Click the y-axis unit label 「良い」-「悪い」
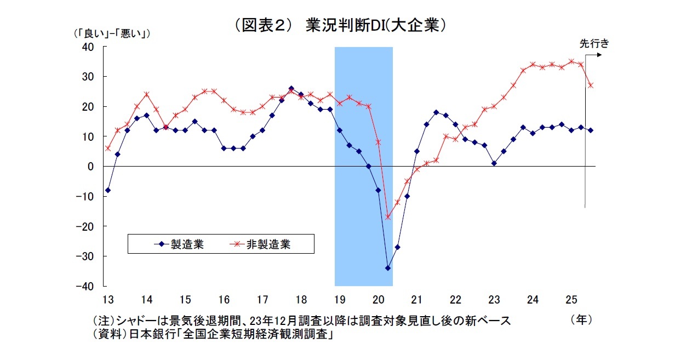[112, 33]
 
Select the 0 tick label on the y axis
[91, 166]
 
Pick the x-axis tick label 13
[107, 300]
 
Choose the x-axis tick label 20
[377, 300]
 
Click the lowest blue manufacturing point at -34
[388, 268]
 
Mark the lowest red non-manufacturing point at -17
[388, 217]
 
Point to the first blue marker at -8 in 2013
[108, 190]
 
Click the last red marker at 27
[591, 85]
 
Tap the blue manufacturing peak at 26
[291, 88]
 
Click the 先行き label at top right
[594, 43]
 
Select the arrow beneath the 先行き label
[594, 55]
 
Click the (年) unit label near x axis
[581, 319]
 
